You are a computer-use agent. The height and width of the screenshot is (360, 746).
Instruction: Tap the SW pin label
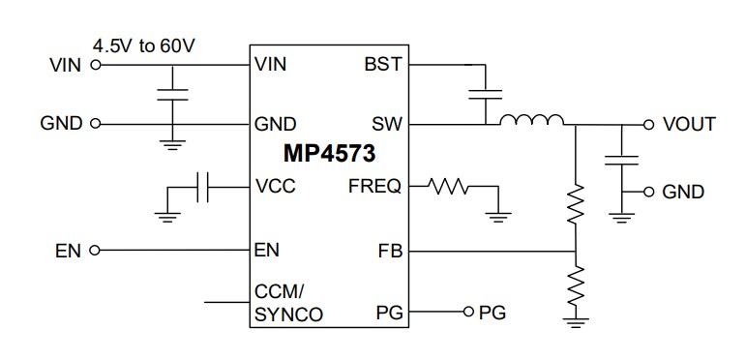(x=387, y=124)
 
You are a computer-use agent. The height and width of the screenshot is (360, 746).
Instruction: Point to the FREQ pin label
(x=374, y=187)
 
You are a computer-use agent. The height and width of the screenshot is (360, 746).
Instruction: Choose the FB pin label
(x=389, y=251)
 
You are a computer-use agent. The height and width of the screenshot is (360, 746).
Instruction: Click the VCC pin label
(x=275, y=187)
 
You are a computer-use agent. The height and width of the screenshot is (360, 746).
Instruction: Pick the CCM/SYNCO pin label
(x=288, y=302)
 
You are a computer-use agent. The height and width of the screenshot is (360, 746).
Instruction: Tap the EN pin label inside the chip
(x=266, y=250)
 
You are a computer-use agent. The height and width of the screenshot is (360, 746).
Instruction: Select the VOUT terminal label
(x=689, y=124)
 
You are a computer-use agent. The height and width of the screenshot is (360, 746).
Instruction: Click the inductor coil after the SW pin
(x=531, y=121)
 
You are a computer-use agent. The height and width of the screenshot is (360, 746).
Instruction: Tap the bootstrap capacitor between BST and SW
(x=484, y=94)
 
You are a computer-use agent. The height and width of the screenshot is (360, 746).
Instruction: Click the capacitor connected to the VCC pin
(x=203, y=188)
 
